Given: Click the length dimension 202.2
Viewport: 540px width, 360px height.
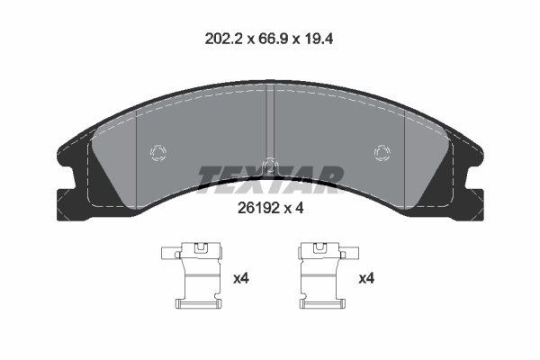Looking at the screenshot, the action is pos(224,40).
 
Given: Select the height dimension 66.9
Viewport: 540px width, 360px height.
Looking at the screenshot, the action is pos(273,40).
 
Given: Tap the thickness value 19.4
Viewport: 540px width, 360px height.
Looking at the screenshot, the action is pos(318,40).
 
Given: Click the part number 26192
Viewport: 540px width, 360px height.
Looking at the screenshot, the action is pos(258,208).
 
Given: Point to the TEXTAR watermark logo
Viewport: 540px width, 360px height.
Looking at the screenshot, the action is pos(270,179).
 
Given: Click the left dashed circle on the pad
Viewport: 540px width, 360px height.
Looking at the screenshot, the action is pos(158,153).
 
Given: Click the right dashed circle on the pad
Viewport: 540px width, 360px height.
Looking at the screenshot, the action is pos(382,153).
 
